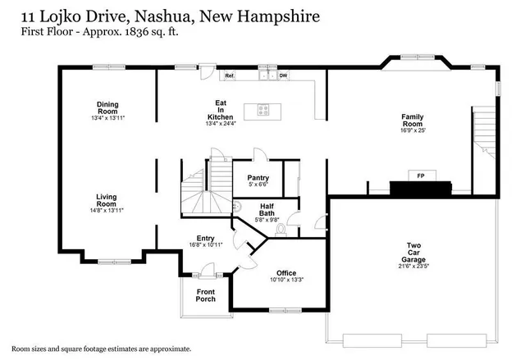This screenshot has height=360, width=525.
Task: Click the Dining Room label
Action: tap(107, 107)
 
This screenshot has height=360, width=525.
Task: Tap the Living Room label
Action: tap(107, 200)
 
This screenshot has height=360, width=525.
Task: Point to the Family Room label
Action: tap(412, 121)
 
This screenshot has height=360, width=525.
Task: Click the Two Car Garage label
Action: tap(414, 249)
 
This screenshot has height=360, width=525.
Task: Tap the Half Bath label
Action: tap(267, 210)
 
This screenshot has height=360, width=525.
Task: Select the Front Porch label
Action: tap(206, 295)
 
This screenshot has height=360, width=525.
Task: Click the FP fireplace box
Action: tap(421, 177)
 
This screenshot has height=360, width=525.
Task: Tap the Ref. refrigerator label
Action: tap(230, 75)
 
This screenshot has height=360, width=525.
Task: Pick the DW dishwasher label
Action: tap(283, 75)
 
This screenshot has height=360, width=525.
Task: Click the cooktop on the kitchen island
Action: tap(264, 107)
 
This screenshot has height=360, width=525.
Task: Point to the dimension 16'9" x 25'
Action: tap(412, 130)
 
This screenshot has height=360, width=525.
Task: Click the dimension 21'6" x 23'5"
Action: tap(414, 265)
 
